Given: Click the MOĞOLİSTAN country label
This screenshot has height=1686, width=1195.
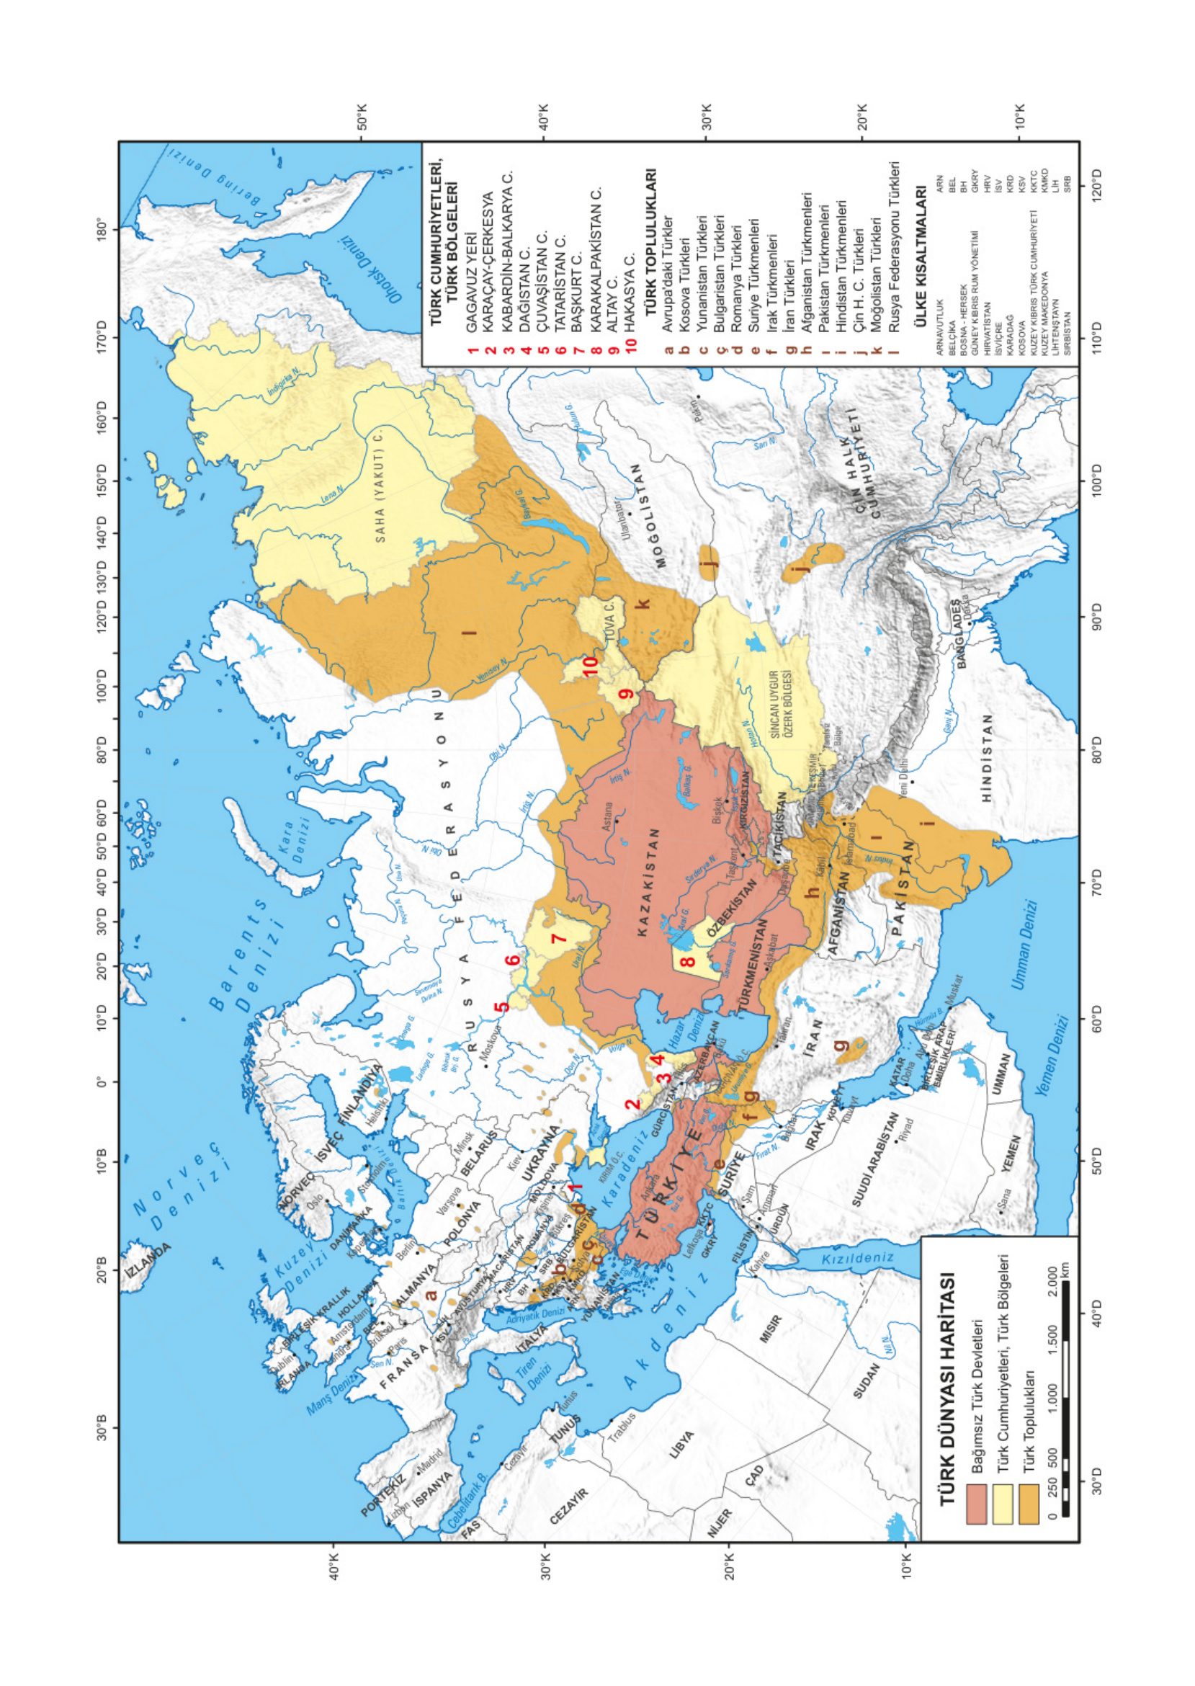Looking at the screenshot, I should click(x=649, y=516).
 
